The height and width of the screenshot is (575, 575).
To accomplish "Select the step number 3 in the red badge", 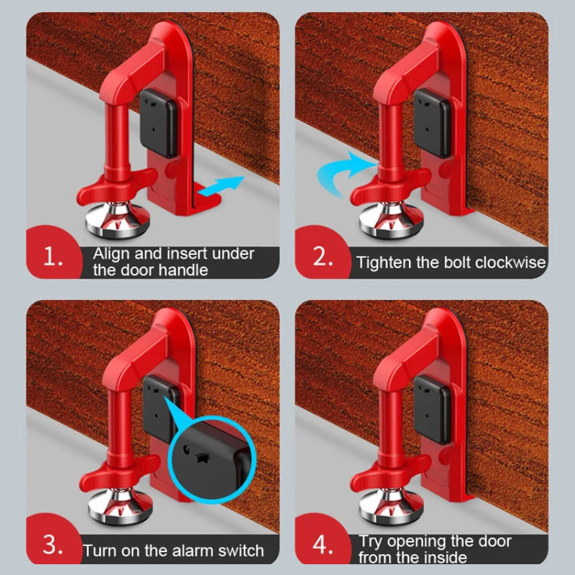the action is coord(52,545).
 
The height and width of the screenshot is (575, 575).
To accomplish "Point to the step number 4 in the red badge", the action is coord(323,545).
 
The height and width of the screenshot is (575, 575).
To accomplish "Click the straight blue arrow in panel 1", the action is coord(221,186).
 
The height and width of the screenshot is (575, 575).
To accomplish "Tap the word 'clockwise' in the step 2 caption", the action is coord(510,262).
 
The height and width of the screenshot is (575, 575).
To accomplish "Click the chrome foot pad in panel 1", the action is coord(117,218).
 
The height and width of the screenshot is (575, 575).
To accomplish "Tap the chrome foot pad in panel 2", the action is coord(391,219).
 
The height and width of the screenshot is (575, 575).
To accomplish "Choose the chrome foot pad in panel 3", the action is coord(120,506).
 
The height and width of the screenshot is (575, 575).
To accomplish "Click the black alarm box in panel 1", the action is coord(158,123).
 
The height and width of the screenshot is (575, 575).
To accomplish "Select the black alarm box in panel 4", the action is coord(433,410).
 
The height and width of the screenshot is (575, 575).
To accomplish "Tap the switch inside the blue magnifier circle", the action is coord(201,457).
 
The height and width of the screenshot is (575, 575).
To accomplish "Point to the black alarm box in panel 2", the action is coord(433,123).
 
